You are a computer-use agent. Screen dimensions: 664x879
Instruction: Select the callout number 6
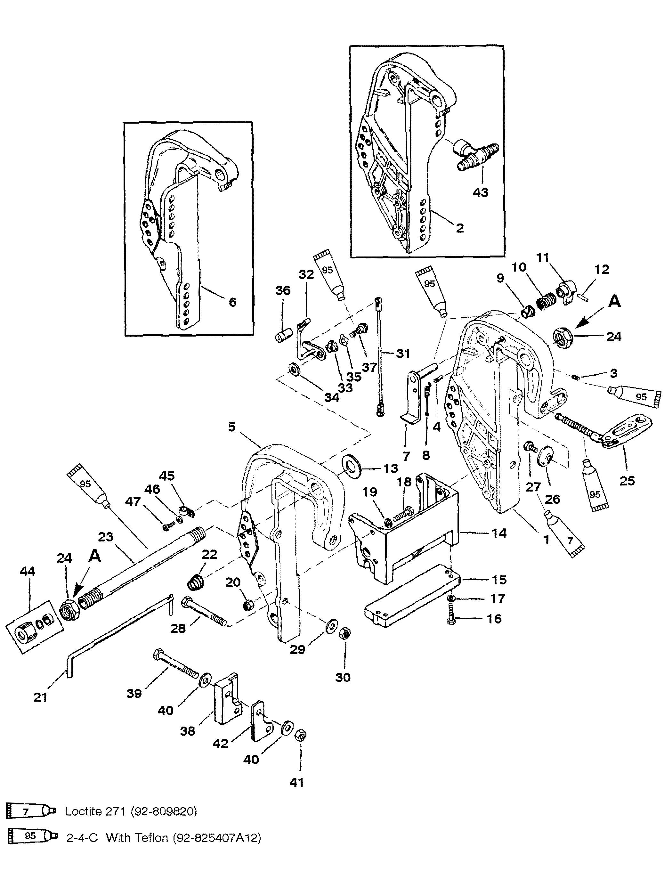tap(232, 302)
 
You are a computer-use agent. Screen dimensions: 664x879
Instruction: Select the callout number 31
tap(403, 354)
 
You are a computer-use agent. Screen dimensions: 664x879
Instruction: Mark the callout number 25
tap(627, 481)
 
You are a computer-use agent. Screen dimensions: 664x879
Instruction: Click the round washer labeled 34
tap(294, 370)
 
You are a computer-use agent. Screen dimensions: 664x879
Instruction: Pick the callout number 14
tap(499, 533)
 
